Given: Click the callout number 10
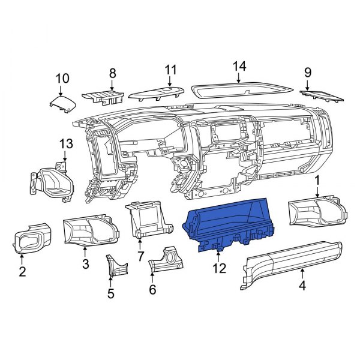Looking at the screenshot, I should pos(62,78).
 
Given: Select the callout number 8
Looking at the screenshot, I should pos(112,74).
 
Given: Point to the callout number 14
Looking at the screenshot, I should pos(239,65).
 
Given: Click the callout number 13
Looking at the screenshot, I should pos(65,144).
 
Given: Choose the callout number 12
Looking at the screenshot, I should pos(219,268).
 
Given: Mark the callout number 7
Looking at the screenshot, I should pos(140,256).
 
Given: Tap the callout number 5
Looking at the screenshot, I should pos(110,293).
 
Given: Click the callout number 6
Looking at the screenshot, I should pos(152,290).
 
